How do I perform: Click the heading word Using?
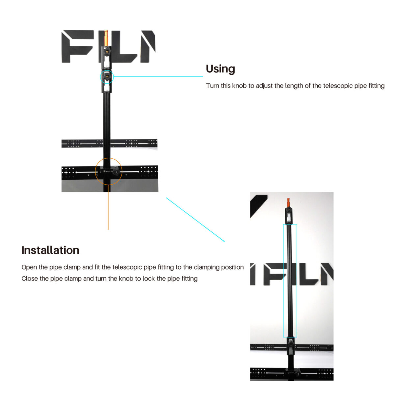tap(220, 69)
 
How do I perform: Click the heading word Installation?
tap(50, 250)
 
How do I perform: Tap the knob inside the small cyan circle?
tap(107, 77)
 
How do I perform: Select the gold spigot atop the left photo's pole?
tap(106, 38)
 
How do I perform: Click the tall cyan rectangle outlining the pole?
tap(283, 280)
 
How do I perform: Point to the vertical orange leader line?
tap(108, 207)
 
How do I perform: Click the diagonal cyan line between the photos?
tap(195, 220)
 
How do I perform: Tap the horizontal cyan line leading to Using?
tap(158, 77)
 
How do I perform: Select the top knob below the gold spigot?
tap(107, 51)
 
